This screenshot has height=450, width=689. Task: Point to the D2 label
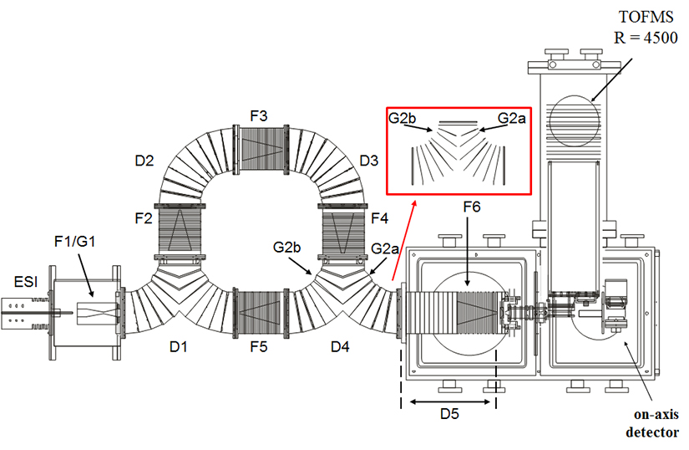tap(145, 158)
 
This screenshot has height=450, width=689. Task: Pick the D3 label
tap(371, 158)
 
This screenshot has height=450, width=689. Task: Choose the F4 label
tap(380, 218)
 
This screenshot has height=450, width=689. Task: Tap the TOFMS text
tap(637, 15)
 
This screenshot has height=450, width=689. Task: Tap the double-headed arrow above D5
tap(449, 401)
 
